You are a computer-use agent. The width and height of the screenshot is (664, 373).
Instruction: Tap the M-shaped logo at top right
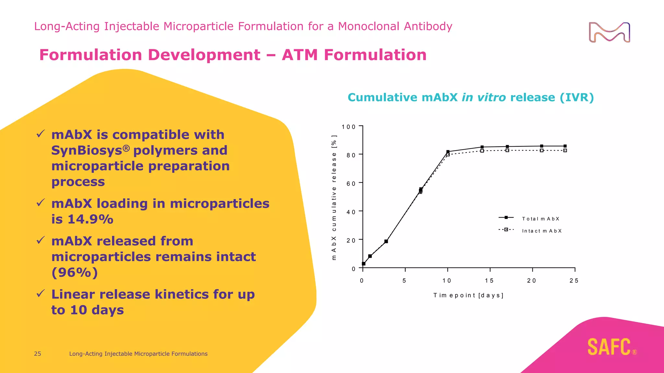(609, 32)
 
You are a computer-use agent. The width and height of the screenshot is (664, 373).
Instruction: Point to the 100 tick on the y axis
(349, 127)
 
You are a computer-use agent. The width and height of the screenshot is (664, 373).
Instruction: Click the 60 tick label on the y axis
(351, 184)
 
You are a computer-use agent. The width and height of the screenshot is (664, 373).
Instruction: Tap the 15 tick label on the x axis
(489, 281)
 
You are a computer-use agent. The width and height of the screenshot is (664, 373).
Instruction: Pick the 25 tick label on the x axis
(574, 281)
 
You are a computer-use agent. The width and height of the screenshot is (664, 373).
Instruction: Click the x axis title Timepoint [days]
(468, 295)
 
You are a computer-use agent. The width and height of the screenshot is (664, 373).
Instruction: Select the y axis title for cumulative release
(334, 198)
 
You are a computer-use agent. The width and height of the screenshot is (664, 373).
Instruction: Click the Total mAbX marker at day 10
(448, 152)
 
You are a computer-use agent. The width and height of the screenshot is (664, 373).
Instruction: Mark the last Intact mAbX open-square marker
(565, 151)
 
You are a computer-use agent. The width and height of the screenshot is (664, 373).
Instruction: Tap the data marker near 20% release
(386, 241)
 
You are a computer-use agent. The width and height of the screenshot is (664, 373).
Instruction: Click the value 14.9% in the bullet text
(90, 219)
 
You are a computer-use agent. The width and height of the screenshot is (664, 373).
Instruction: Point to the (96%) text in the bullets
(75, 272)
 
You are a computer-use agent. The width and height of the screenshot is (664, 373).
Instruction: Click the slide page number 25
(38, 354)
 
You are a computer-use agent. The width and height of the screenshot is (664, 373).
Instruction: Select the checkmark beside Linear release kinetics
(41, 294)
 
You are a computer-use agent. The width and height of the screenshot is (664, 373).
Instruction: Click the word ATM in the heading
(300, 55)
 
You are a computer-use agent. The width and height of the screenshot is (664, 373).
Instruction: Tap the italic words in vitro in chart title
(483, 97)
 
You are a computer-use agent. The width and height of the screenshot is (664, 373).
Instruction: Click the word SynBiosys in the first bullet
(87, 151)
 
